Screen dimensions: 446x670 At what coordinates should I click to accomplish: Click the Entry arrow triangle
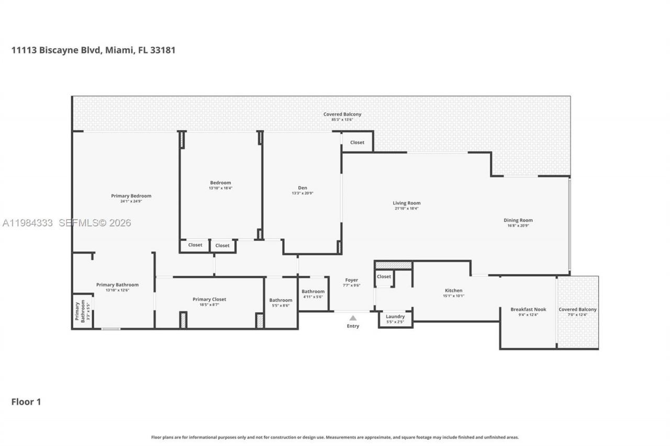point(353,318)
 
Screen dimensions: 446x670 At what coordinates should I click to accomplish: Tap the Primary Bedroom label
point(131,196)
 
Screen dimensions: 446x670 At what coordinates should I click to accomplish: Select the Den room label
point(303,188)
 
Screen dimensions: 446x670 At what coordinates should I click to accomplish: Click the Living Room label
point(407,203)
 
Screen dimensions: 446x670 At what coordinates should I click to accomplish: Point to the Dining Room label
point(518,220)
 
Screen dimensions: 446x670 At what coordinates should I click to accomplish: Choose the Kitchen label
point(453,290)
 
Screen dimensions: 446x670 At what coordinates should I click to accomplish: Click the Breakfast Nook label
point(528,310)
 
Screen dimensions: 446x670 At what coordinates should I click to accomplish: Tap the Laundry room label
point(395,316)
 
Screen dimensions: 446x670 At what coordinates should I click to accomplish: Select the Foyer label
point(352,280)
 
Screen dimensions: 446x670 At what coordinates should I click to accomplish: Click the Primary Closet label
point(209,299)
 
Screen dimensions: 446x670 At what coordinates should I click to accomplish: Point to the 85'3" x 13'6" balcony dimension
point(342,120)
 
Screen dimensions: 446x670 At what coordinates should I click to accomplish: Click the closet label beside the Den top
point(358,142)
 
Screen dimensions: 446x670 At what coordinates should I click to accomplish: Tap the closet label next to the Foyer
point(384,277)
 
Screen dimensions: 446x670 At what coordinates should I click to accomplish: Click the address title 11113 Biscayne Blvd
point(93,50)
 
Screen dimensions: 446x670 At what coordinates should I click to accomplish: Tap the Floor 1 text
point(26,402)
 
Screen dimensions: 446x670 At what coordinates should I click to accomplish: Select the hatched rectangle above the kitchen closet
point(394,265)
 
